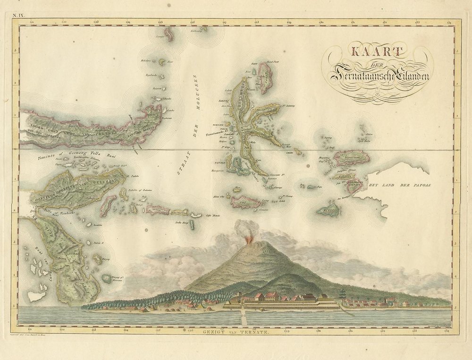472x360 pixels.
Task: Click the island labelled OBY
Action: point(244,202)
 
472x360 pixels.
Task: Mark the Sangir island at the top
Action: point(169,34)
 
